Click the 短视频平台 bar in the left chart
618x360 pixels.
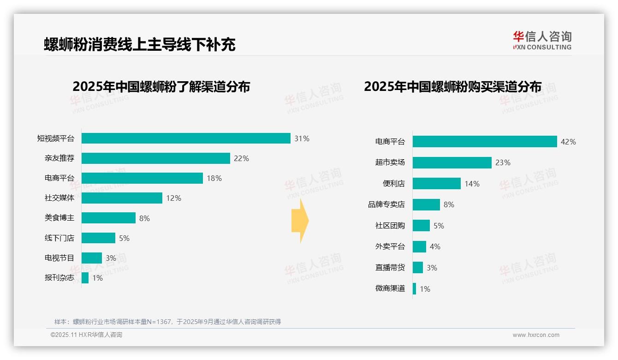click(x=186, y=138)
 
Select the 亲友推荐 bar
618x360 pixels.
click(x=156, y=158)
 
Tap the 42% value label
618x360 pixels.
click(x=568, y=142)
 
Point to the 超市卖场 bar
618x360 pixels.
click(x=452, y=162)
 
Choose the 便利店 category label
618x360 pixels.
click(x=394, y=184)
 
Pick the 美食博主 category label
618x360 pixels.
click(x=59, y=218)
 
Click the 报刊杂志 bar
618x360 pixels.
click(x=85, y=278)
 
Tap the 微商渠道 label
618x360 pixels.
click(x=390, y=289)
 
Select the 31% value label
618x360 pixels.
click(x=302, y=138)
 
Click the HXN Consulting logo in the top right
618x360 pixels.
click(x=542, y=40)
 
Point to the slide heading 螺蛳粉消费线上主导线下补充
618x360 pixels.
click(x=140, y=44)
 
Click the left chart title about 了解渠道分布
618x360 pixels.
click(x=161, y=86)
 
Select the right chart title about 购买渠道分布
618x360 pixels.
click(x=452, y=86)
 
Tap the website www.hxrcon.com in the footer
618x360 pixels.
click(x=536, y=335)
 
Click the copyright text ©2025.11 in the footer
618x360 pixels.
click(x=86, y=335)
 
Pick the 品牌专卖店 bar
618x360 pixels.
click(x=426, y=204)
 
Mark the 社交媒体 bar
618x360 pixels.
click(x=122, y=198)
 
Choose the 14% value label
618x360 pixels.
click(x=472, y=184)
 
